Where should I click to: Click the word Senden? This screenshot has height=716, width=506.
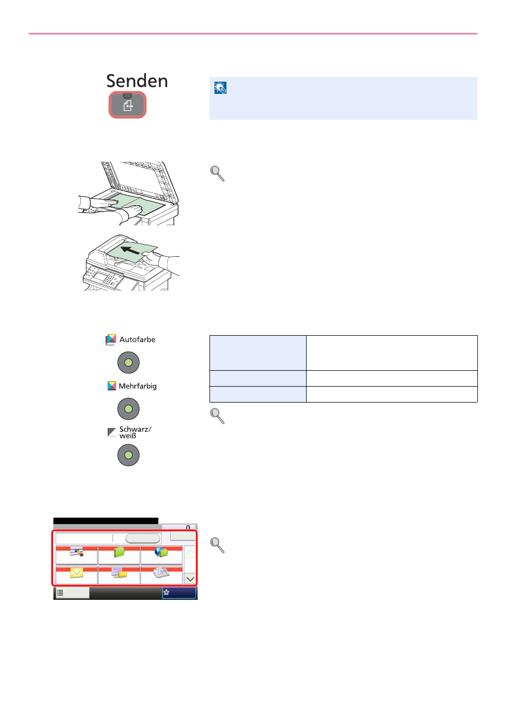(x=137, y=81)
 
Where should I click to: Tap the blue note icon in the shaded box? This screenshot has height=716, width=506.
(x=220, y=88)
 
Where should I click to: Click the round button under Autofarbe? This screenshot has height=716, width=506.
(x=128, y=362)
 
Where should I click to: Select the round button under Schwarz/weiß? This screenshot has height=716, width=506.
(x=128, y=455)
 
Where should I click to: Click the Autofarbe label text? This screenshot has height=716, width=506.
(x=137, y=339)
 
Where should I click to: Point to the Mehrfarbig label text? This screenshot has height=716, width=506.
(x=137, y=386)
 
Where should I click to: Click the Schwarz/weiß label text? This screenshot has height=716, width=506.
(x=135, y=432)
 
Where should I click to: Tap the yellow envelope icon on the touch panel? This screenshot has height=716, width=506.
(x=77, y=573)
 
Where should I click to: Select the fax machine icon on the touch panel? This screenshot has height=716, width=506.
(x=161, y=572)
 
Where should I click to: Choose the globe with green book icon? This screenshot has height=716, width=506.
(x=161, y=552)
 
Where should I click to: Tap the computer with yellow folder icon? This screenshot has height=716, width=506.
(x=119, y=572)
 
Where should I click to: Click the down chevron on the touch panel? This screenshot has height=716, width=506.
(x=190, y=579)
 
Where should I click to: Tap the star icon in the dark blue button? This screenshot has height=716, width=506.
(x=166, y=592)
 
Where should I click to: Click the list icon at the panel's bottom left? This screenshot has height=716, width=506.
(x=60, y=593)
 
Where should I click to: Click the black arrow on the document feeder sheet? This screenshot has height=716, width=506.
(x=130, y=250)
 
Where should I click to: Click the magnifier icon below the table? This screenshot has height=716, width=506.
(x=217, y=416)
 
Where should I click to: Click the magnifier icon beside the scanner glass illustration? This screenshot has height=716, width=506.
(x=217, y=173)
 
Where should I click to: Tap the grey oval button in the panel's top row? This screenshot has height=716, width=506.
(x=143, y=538)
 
